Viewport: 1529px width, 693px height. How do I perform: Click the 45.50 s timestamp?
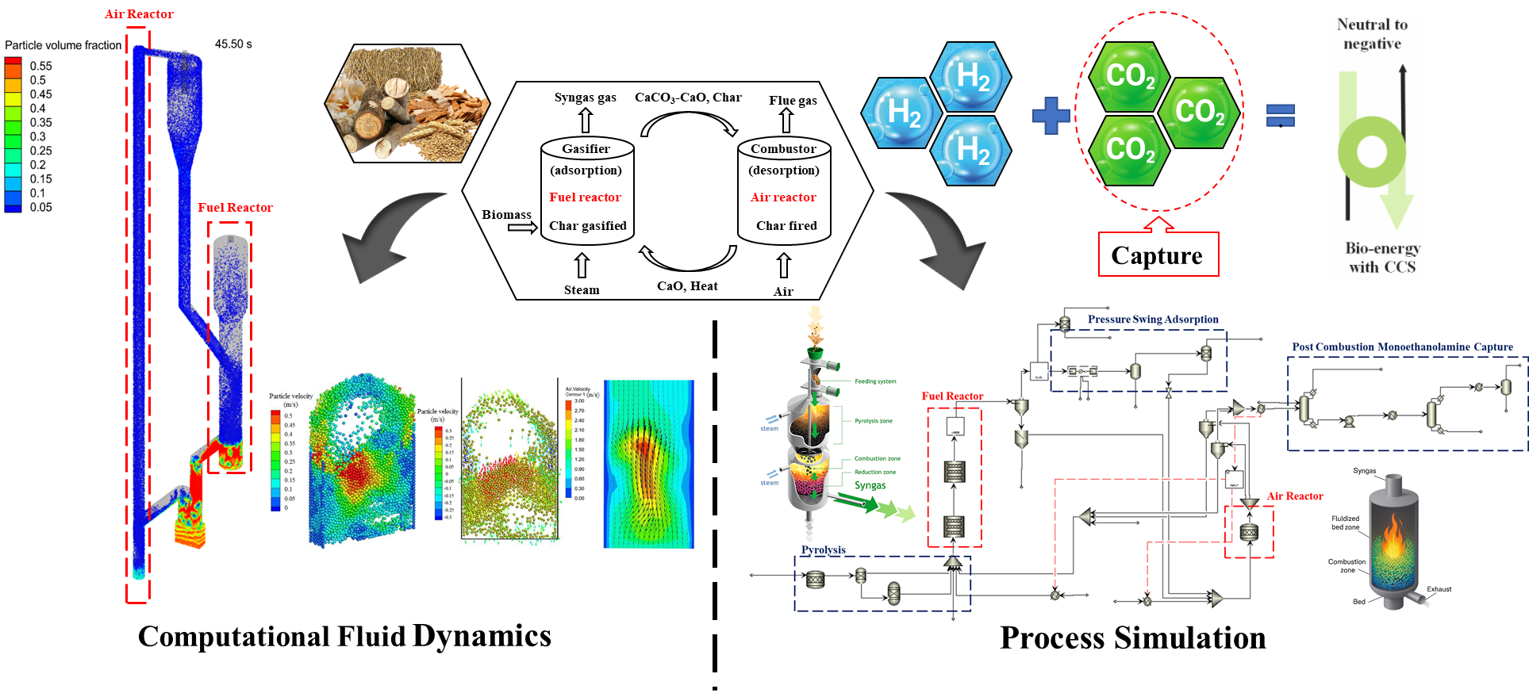pos(233,44)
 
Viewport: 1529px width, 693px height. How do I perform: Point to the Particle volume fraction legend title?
pos(63,45)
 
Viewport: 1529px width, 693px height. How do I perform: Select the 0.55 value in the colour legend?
pos(41,66)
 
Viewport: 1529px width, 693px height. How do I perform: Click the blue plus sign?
pos(1051,116)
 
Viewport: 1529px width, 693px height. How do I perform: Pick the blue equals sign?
pos(1281,116)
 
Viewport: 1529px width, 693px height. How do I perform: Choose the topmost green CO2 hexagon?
pos(1130,76)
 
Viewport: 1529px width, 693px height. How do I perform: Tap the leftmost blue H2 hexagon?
pos(902,113)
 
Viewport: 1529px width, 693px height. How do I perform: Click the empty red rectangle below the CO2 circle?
pos(1158,255)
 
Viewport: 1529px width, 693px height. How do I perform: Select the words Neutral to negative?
pos(1373,34)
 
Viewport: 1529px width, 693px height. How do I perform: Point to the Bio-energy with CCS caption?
pos(1382,258)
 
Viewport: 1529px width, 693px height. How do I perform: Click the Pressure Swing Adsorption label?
pos(1153,320)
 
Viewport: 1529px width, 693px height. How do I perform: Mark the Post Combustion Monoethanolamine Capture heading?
pos(1402,347)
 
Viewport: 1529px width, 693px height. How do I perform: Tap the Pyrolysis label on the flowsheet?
pos(823,549)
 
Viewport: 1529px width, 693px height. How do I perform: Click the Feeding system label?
pos(875,381)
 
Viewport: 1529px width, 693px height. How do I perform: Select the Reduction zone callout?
pos(875,473)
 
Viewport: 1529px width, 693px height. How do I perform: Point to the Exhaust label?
pos(1439,589)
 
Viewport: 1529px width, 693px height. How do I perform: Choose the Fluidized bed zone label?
pos(1345,523)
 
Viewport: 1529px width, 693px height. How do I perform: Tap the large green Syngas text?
pos(870,485)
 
